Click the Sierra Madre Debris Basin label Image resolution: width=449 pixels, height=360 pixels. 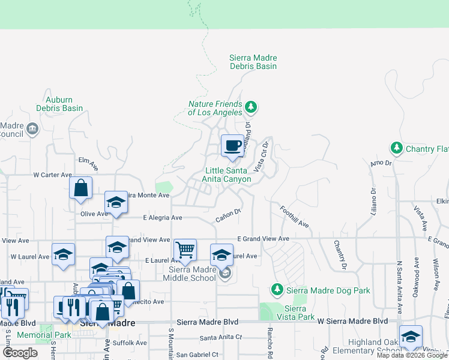pyautogui.click(x=253, y=62)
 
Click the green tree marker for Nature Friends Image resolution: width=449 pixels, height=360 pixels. pyautogui.click(x=251, y=108)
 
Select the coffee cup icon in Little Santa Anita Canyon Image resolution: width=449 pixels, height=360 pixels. pyautogui.click(x=232, y=145)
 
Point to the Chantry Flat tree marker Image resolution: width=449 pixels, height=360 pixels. pyautogui.click(x=396, y=148)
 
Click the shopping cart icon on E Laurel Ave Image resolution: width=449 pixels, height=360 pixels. pyautogui.click(x=185, y=250)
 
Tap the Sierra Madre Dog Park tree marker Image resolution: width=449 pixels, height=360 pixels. pyautogui.click(x=277, y=290)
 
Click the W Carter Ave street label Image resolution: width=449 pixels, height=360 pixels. pyautogui.click(x=53, y=175)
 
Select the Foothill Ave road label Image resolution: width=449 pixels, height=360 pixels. pyautogui.click(x=295, y=217)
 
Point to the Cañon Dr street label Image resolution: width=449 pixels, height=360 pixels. pyautogui.click(x=229, y=214)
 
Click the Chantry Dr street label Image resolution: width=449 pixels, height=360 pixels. pyautogui.click(x=340, y=254)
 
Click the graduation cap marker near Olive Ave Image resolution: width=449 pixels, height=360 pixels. pyautogui.click(x=116, y=203)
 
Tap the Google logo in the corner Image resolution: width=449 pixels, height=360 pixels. pyautogui.click(x=20, y=352)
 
